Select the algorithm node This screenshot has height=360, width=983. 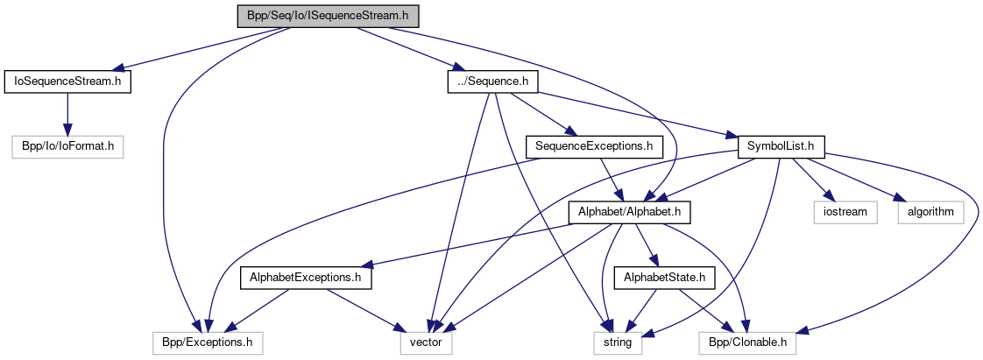(x=929, y=212)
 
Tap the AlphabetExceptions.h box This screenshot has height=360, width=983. (x=306, y=278)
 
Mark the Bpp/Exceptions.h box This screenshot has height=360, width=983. (x=207, y=342)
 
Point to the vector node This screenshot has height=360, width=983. (x=426, y=342)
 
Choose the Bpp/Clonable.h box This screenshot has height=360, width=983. (x=747, y=342)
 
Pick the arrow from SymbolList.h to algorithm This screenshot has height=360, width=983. (x=854, y=179)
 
